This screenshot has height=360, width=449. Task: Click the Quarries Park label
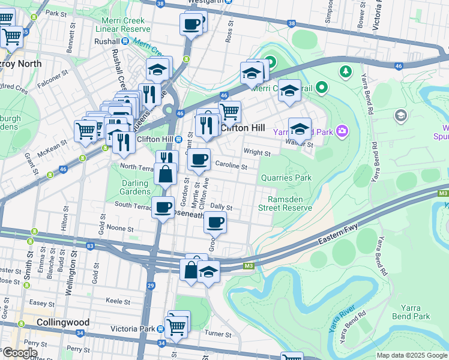click(x=286, y=178)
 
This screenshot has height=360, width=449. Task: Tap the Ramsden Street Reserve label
click(x=285, y=203)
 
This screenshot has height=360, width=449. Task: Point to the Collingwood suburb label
click(x=63, y=322)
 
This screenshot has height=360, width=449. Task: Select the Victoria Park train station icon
click(x=160, y=329)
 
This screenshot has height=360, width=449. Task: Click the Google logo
click(x=19, y=353)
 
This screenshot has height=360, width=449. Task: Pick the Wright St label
click(x=256, y=154)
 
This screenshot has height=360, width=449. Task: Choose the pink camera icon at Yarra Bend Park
click(x=342, y=130)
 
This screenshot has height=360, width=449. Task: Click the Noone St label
click(x=120, y=229)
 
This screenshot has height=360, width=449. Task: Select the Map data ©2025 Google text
click(x=411, y=355)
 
